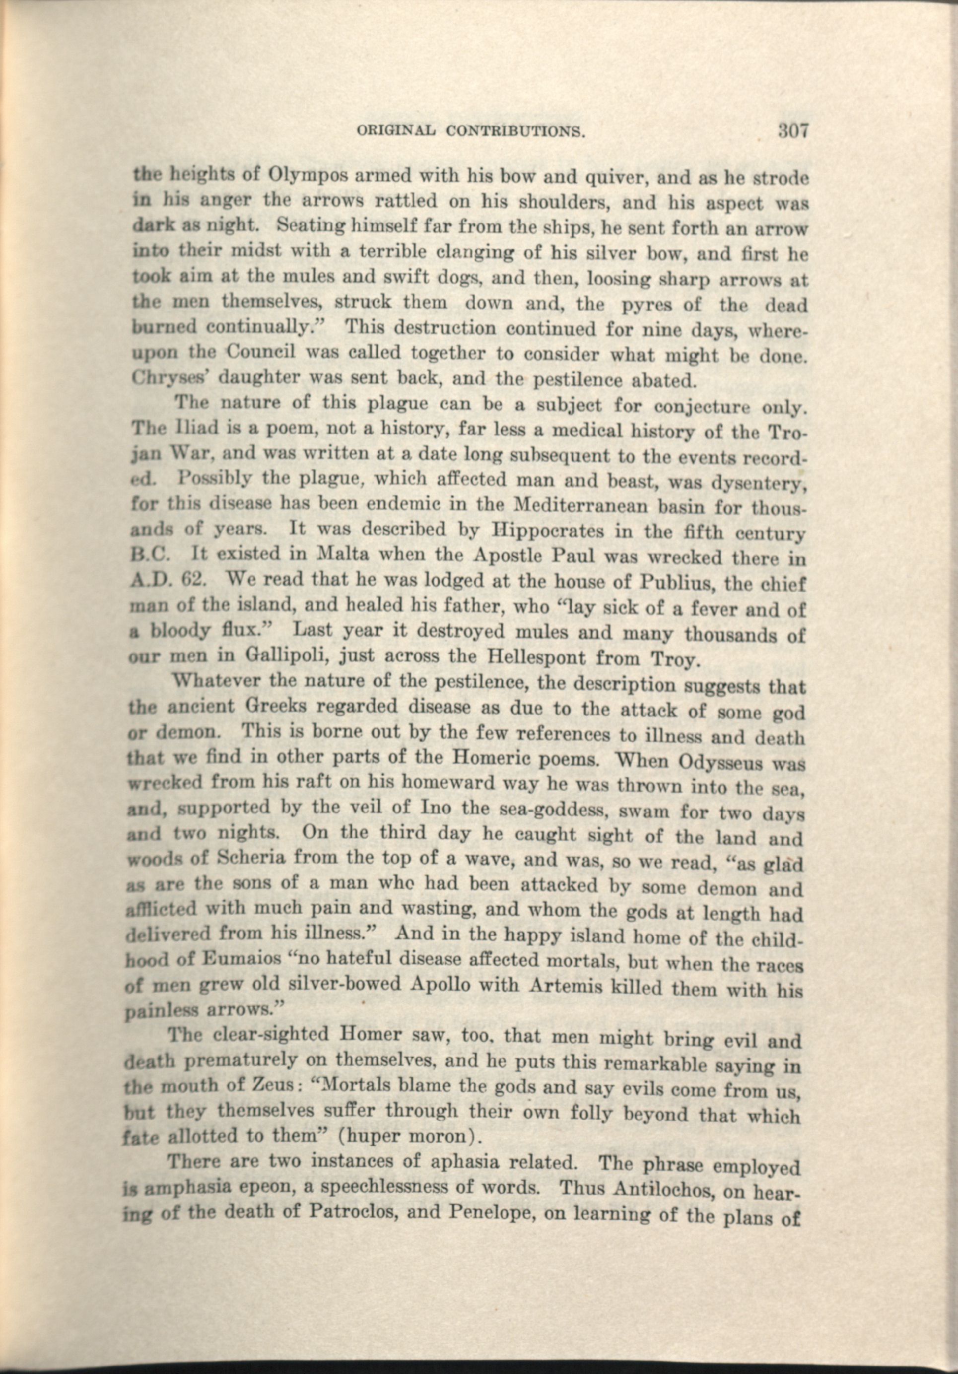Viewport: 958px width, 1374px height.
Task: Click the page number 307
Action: click(x=793, y=131)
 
